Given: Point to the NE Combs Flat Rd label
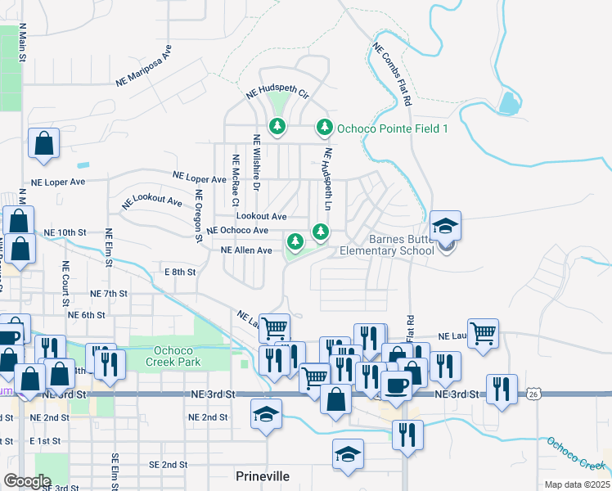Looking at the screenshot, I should click(392, 74).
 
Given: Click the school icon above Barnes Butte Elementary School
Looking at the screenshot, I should click(446, 226).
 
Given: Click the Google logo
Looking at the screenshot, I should click(28, 480).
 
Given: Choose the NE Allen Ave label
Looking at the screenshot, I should click(246, 250).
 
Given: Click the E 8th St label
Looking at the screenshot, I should click(180, 272).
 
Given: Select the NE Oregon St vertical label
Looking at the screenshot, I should click(198, 216).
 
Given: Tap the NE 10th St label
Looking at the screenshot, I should click(65, 233).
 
